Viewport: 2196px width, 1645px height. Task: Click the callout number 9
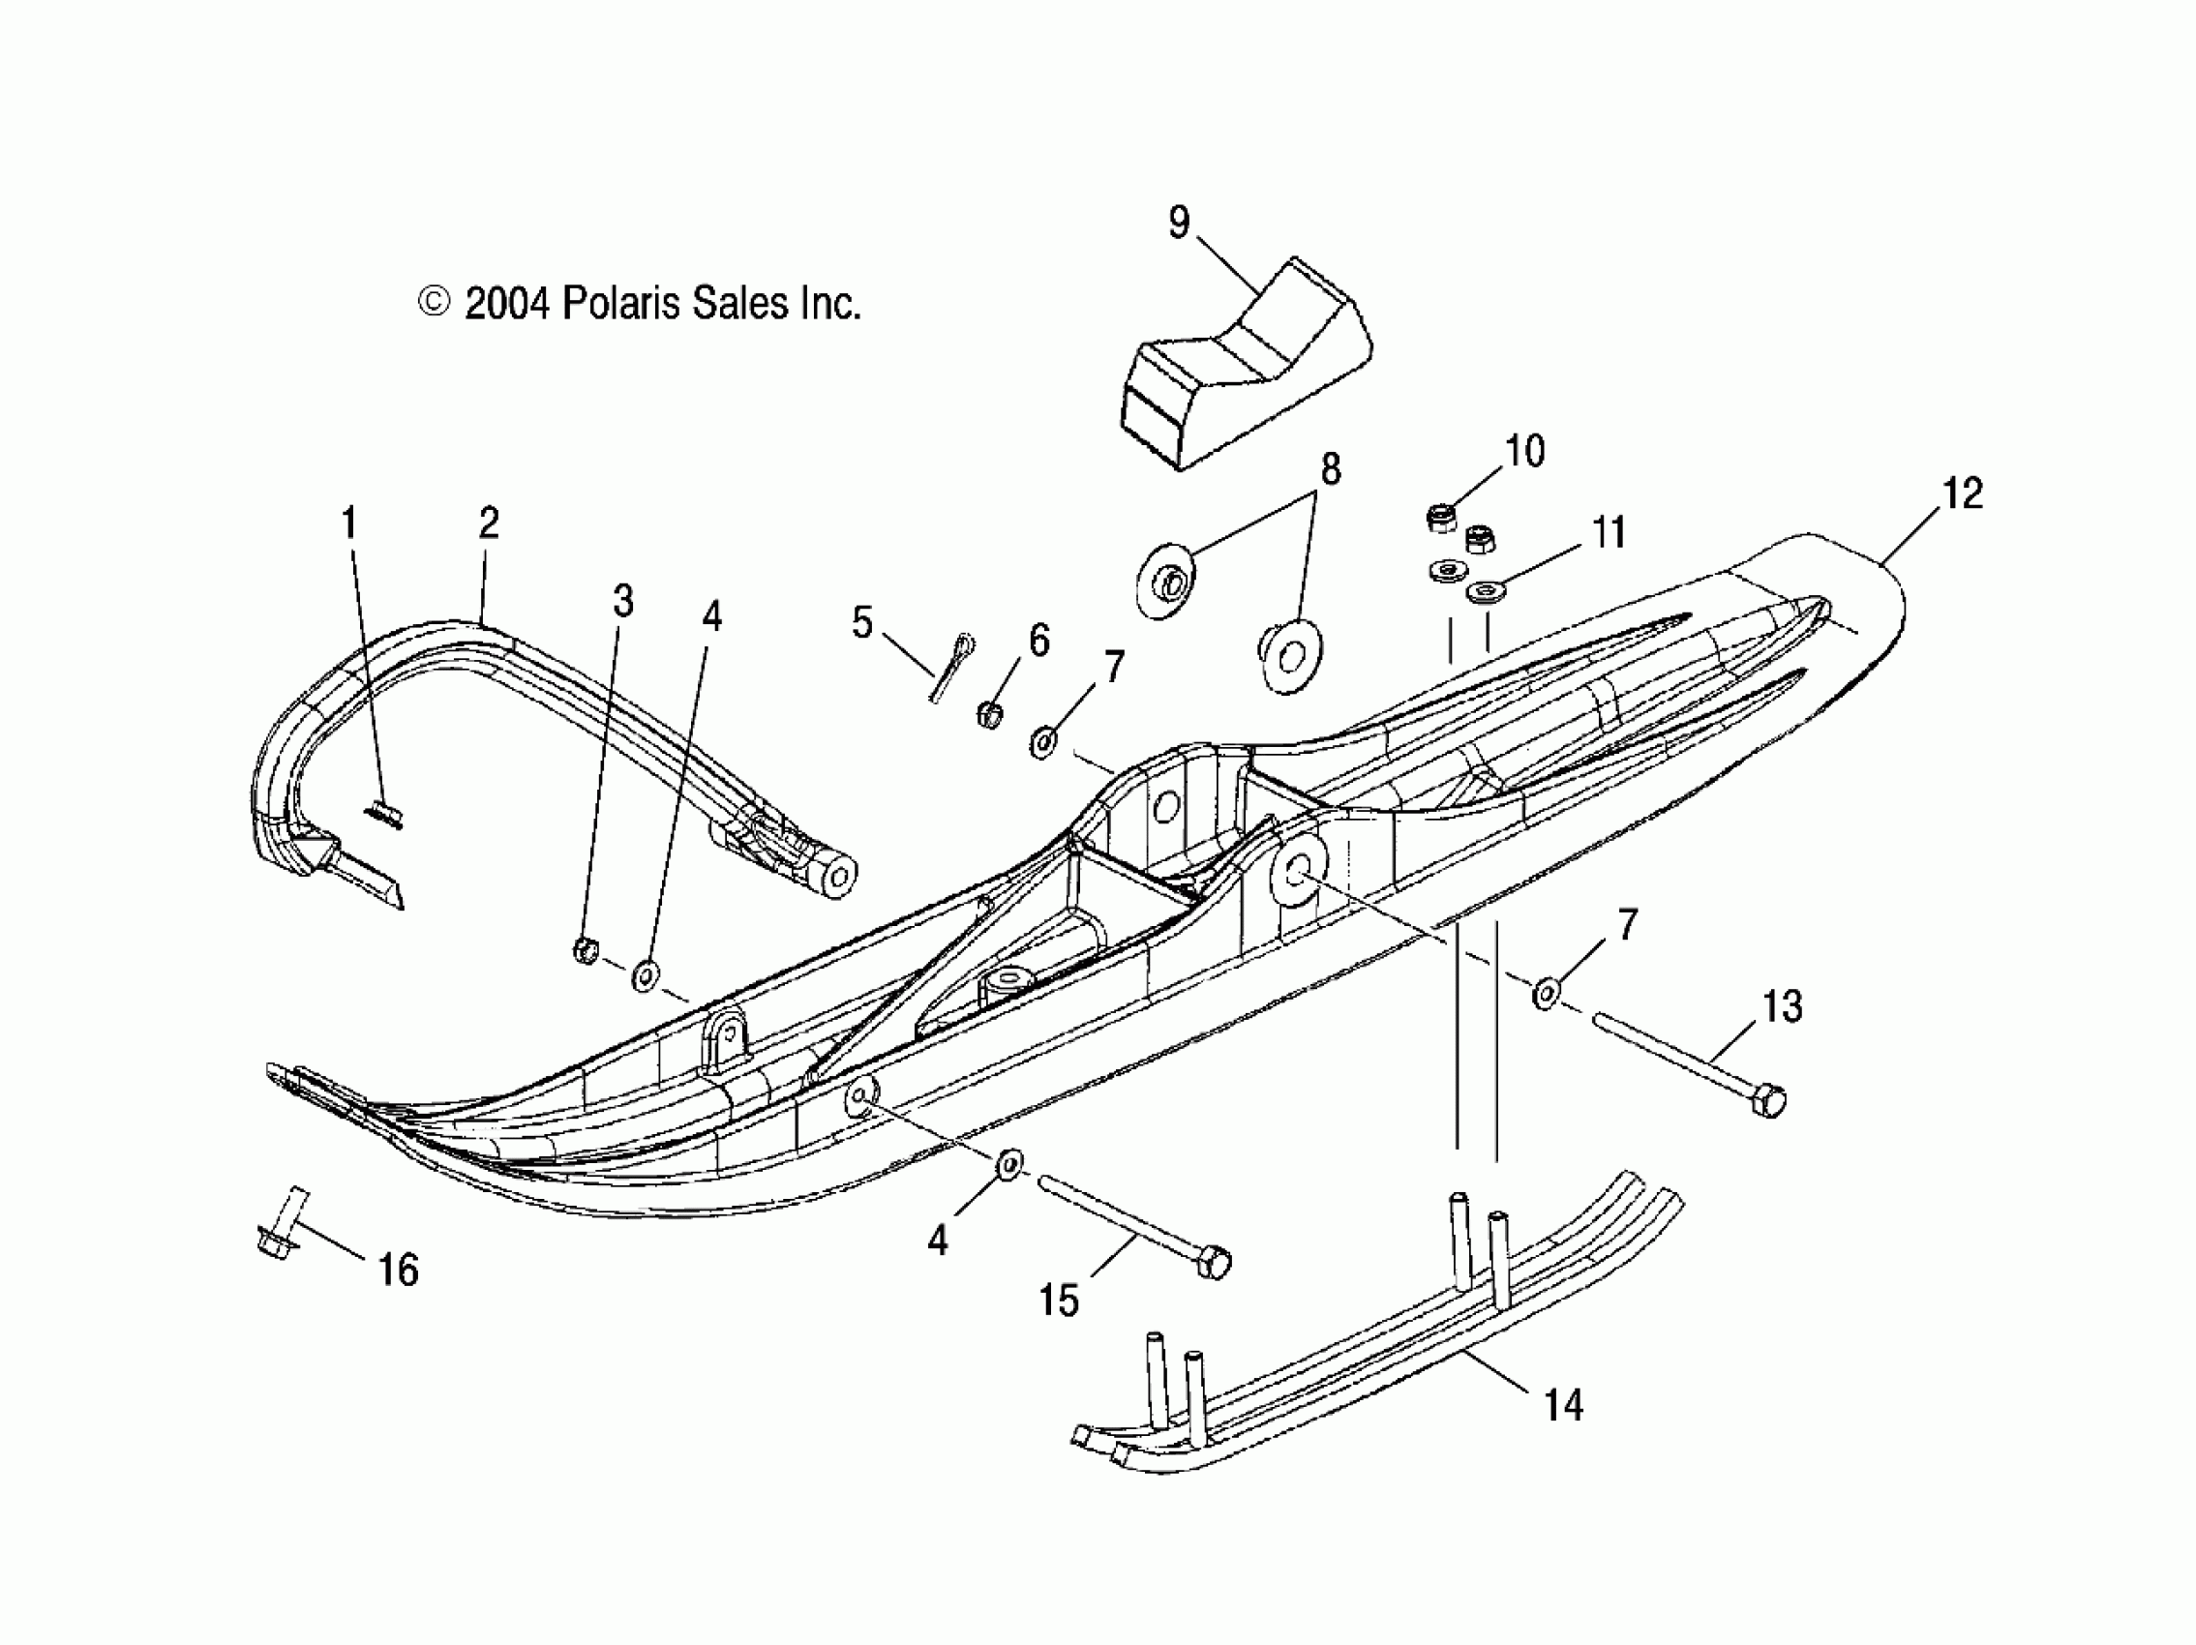tap(1179, 223)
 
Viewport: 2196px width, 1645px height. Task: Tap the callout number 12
tap(1962, 493)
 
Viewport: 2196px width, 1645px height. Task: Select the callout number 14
tap(1564, 1405)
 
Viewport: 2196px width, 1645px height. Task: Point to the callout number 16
tap(398, 1270)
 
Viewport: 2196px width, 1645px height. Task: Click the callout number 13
tap(1782, 1005)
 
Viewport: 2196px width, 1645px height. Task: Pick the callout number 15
tap(1059, 1300)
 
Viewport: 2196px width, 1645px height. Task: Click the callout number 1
tap(348, 523)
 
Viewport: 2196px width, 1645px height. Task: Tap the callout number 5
tap(861, 622)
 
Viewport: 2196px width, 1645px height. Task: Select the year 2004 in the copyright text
tap(506, 303)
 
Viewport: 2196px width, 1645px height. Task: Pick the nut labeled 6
tap(988, 713)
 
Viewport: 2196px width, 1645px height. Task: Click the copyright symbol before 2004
tap(434, 302)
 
